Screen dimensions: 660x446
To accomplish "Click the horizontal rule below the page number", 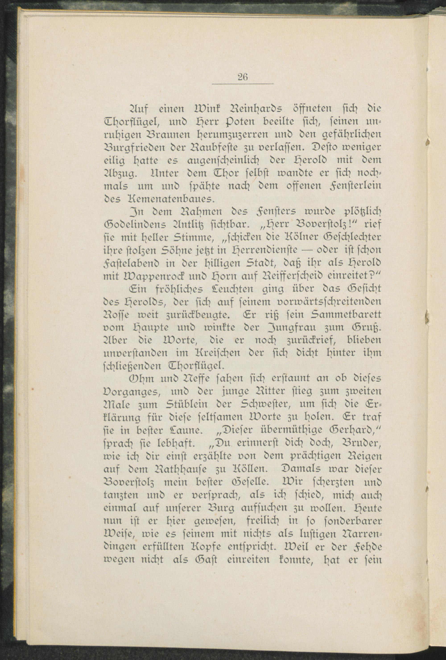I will coord(242,84).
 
